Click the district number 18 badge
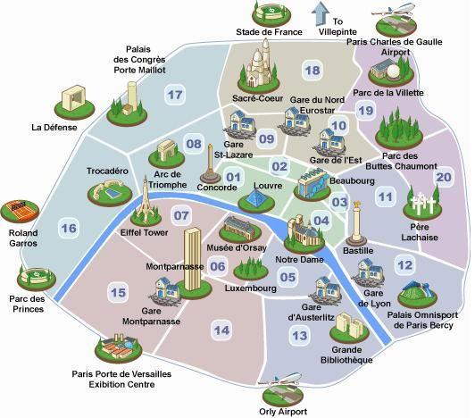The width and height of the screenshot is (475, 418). coord(312,71)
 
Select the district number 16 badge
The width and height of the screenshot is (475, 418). coord(69,229)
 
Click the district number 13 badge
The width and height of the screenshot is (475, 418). coord(300,335)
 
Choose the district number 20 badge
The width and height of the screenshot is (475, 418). coord(444,177)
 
